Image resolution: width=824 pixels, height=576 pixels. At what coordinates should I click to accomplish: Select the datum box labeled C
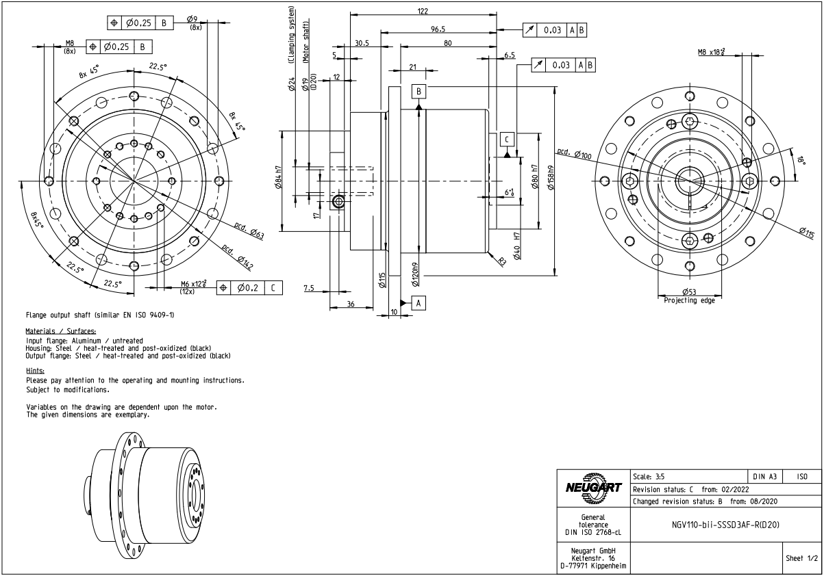coord(506,139)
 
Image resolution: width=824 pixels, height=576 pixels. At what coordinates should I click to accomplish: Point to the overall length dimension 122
coord(423,11)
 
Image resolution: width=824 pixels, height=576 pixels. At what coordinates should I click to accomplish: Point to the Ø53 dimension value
coord(689,293)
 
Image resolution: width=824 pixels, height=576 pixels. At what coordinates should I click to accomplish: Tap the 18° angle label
coord(801,161)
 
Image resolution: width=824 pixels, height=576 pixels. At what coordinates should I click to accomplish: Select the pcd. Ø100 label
coord(574,154)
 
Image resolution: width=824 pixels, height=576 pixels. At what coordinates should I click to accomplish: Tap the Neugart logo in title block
coord(592,486)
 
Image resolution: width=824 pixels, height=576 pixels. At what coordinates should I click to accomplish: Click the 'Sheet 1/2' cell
coord(801,559)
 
